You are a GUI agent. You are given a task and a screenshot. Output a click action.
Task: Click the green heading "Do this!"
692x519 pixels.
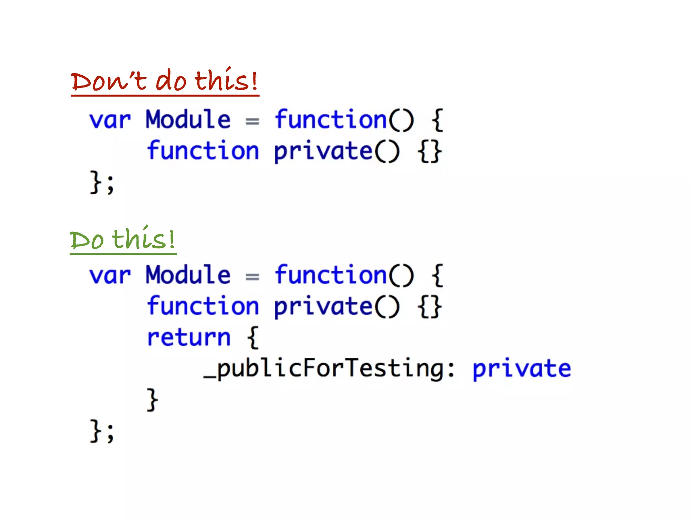[123, 239]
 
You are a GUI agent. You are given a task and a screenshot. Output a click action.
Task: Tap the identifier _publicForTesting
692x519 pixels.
[323, 368]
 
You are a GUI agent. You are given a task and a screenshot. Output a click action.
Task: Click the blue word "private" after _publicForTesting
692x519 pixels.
[521, 368]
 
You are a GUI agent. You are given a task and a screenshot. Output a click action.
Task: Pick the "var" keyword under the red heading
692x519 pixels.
[110, 120]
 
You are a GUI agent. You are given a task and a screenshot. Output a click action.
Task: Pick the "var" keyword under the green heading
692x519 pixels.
[110, 275]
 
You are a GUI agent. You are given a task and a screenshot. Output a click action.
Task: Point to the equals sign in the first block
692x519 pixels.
[252, 121]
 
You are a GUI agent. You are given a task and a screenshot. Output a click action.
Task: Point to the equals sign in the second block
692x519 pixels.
[252, 277]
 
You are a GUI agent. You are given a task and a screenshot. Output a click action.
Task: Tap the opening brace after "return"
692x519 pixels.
[253, 337]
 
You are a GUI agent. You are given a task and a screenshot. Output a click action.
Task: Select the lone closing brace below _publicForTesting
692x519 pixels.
[152, 399]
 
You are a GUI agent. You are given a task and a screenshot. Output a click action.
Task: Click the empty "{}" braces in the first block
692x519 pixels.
[429, 151]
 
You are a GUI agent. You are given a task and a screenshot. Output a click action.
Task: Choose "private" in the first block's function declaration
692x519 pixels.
[323, 151]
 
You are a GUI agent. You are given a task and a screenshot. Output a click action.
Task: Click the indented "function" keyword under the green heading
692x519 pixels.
[203, 306]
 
